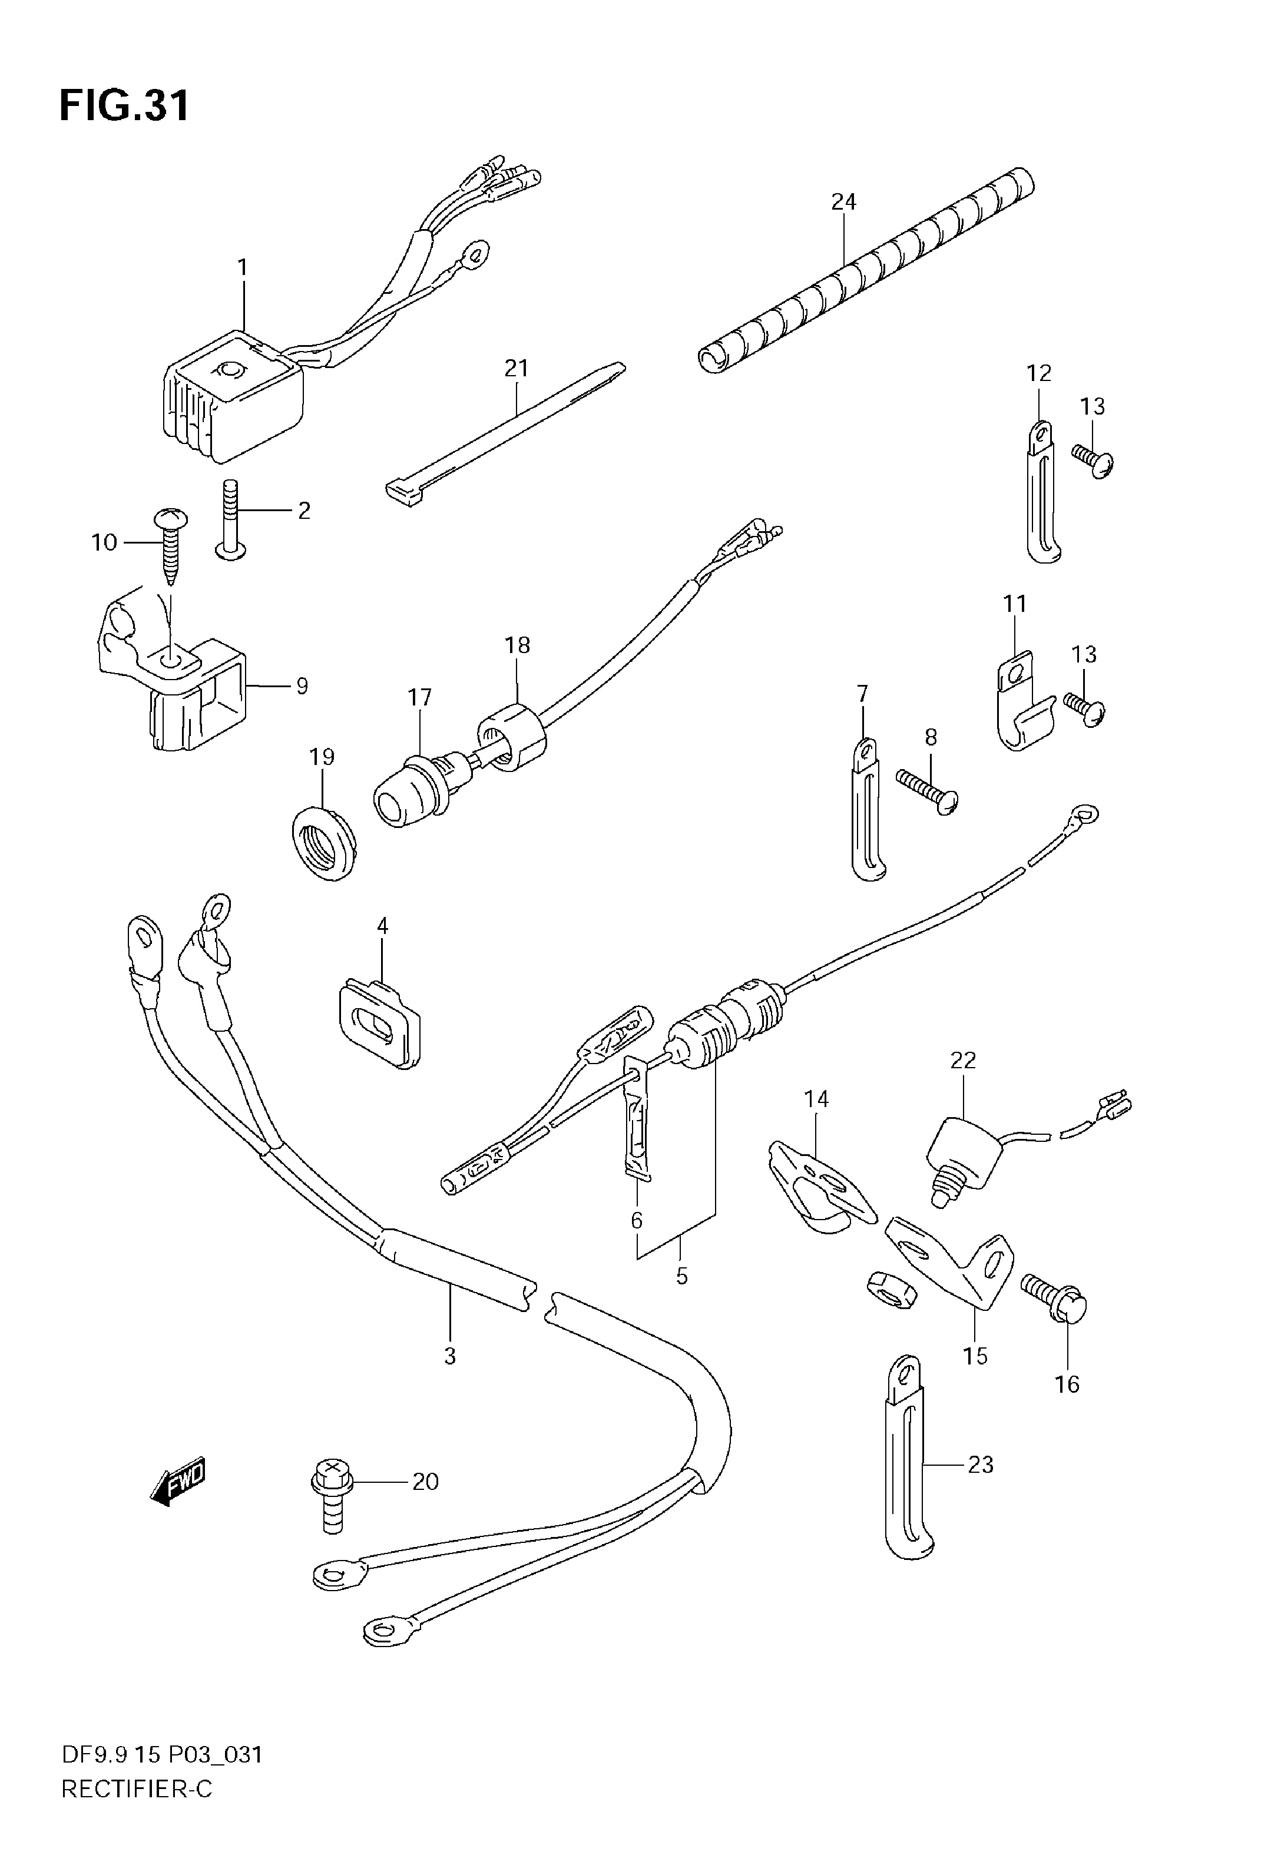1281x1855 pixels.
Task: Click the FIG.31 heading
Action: point(124,105)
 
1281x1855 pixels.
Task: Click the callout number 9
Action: point(302,687)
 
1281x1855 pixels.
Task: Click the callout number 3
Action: point(451,1357)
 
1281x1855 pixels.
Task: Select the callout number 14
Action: point(816,1099)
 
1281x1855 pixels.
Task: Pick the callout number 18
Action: point(518,645)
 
